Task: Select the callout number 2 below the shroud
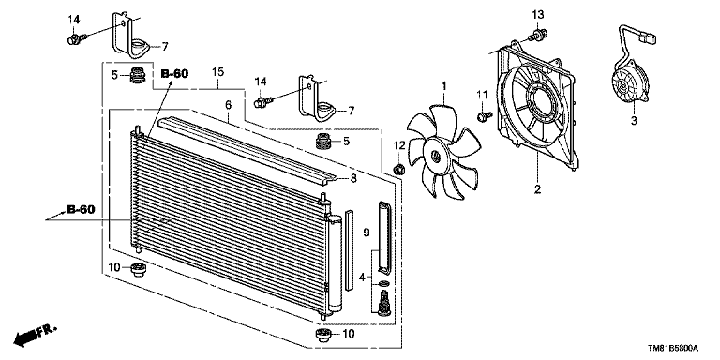pyautogui.click(x=537, y=190)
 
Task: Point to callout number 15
pyautogui.click(x=217, y=71)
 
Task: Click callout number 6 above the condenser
pyautogui.click(x=227, y=107)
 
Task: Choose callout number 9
pyautogui.click(x=366, y=232)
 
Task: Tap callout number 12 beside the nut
pyautogui.click(x=397, y=144)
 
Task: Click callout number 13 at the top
pyautogui.click(x=537, y=14)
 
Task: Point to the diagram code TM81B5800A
pyautogui.click(x=667, y=347)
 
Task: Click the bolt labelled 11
pyautogui.click(x=484, y=116)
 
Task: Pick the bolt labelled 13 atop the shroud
pyautogui.click(x=535, y=36)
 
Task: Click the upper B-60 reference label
pyautogui.click(x=175, y=73)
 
